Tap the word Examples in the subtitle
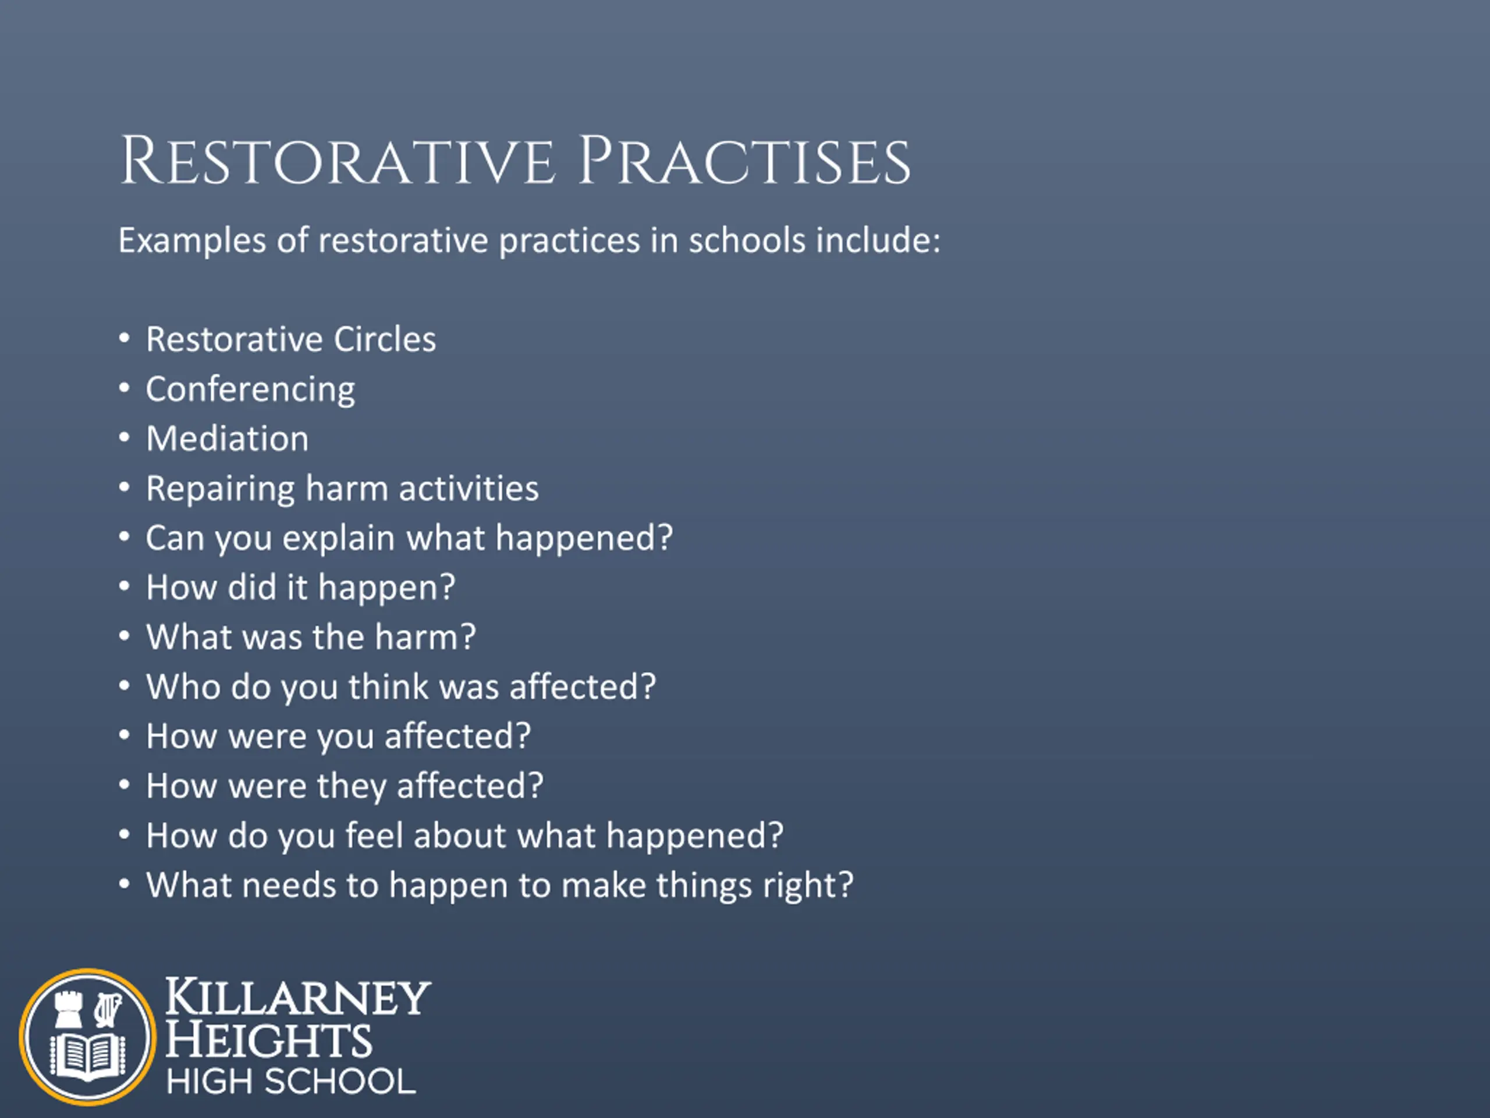[192, 241]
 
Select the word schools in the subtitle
[747, 240]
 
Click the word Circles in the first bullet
[385, 339]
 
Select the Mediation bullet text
[228, 438]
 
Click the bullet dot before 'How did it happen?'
[124, 586]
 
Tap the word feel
[374, 836]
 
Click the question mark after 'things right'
[845, 885]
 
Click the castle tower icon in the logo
[68, 1009]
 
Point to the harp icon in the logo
[107, 1010]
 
